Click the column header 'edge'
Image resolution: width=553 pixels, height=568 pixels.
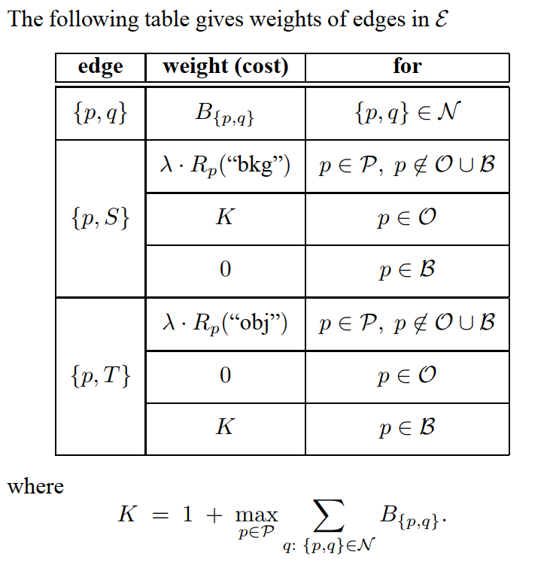[x=100, y=67]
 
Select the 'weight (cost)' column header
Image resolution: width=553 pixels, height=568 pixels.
[x=225, y=67]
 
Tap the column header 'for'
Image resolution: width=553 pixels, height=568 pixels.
[x=407, y=67]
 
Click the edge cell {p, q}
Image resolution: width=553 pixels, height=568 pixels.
[x=100, y=114]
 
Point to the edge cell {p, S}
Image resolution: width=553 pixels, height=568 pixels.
[x=100, y=218]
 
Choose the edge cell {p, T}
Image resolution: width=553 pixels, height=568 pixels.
[x=100, y=375]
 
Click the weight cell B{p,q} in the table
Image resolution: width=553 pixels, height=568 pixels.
[x=225, y=114]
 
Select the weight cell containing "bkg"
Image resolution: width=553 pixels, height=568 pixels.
[x=225, y=166]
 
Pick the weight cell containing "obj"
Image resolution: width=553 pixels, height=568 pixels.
[x=225, y=323]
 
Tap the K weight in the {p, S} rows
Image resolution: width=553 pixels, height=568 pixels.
[x=225, y=218]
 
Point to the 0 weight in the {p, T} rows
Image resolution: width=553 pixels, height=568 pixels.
[x=225, y=375]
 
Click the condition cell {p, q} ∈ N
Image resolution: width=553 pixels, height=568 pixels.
[x=407, y=114]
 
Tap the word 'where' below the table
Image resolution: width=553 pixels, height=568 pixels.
[x=35, y=486]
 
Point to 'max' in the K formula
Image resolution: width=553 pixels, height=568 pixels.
[x=257, y=516]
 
